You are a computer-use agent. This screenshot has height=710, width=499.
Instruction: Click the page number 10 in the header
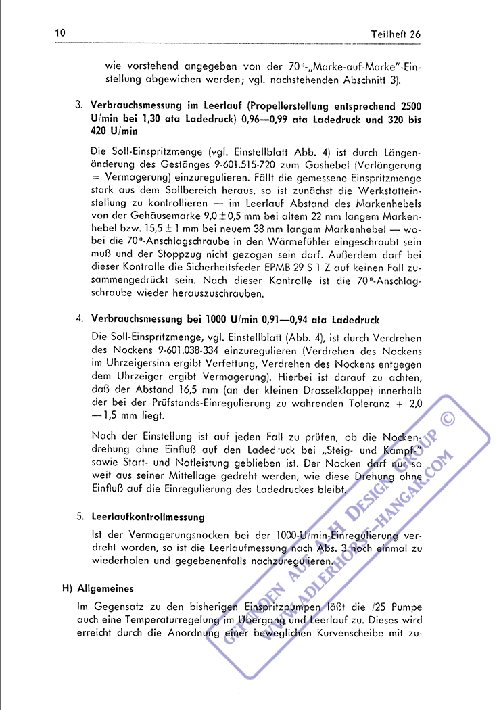pos(60,33)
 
